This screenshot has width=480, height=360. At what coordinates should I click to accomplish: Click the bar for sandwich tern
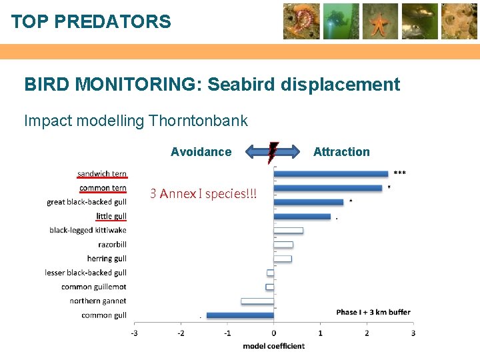tap(331, 174)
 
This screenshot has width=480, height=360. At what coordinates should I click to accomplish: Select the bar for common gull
tap(240, 315)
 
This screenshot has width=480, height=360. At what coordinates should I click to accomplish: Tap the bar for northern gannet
tap(257, 301)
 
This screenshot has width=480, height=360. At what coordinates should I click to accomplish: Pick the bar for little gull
tap(302, 217)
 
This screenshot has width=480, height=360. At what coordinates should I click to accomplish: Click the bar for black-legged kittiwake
tap(288, 231)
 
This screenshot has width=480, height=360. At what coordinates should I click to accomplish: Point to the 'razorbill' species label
tap(112, 245)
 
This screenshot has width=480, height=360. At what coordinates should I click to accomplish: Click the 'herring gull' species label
tap(107, 259)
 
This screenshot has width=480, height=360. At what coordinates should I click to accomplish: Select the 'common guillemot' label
tap(94, 287)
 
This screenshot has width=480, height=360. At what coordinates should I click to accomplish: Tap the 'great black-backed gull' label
tap(87, 202)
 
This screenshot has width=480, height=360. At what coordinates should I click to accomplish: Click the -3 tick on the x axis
tap(135, 333)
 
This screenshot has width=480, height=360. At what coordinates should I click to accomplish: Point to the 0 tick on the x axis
tap(273, 333)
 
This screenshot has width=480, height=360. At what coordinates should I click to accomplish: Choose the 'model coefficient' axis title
tap(273, 346)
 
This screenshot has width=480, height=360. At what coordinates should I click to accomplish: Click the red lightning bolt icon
tap(273, 152)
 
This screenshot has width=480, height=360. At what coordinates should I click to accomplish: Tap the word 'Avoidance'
tap(201, 152)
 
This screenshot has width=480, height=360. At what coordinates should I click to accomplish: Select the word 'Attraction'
tap(341, 152)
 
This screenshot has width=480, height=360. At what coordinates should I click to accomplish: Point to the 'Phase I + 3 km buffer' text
tap(373, 312)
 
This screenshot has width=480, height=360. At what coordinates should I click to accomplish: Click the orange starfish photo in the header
tap(381, 21)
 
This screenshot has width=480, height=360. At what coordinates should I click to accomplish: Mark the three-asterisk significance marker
tap(399, 173)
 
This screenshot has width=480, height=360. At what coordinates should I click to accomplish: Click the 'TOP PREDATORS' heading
tap(91, 22)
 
